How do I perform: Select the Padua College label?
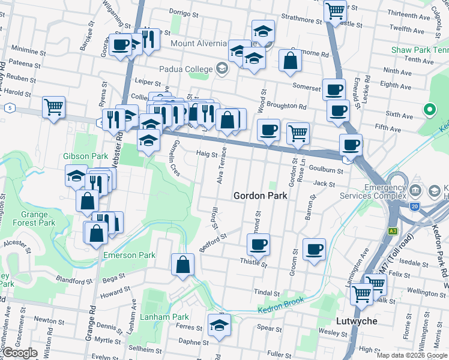tap(182, 69)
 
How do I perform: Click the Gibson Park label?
tap(85, 156)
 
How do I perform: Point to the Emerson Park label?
tap(129, 255)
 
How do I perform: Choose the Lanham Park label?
tap(164, 317)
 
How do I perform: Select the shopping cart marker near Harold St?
tap(53, 107)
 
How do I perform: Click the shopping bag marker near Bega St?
tap(183, 264)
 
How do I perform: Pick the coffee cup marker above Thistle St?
tap(258, 244)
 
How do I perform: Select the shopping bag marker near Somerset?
tap(290, 60)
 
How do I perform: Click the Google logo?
tap(19, 353)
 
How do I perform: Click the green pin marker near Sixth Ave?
tap(429, 110)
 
